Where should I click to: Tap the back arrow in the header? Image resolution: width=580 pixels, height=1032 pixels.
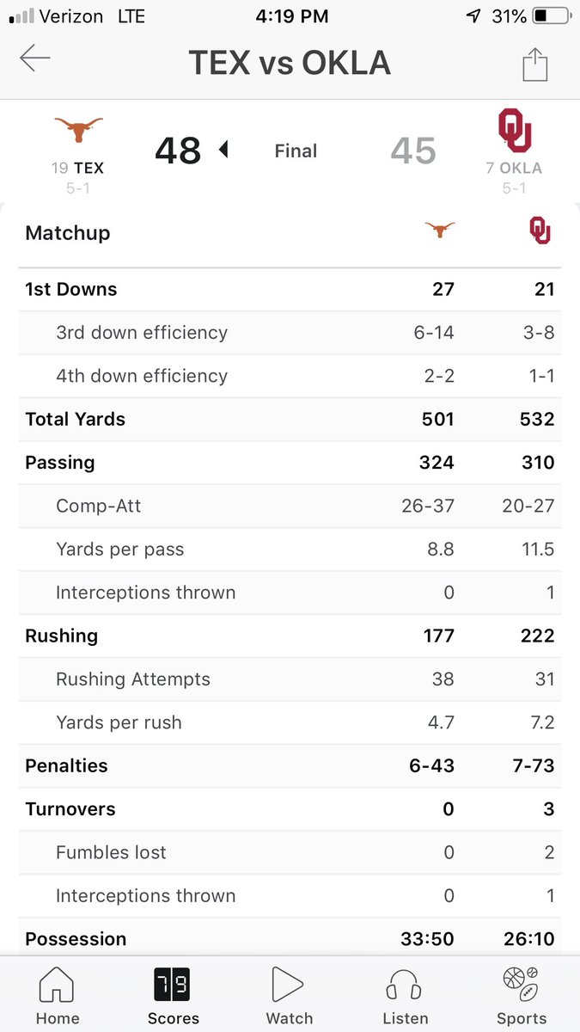click(x=35, y=59)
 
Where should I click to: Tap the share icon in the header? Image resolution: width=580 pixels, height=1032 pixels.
click(x=534, y=64)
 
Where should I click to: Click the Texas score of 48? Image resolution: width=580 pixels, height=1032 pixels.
click(x=178, y=150)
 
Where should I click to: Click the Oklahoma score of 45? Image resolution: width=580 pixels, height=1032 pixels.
click(x=413, y=150)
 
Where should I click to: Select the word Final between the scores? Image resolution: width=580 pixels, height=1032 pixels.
click(x=296, y=151)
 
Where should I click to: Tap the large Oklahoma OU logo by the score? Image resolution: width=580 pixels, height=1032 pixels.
click(x=515, y=130)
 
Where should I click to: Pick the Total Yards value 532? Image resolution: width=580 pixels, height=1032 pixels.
click(x=538, y=420)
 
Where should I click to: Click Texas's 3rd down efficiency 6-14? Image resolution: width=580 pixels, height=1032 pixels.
click(x=434, y=333)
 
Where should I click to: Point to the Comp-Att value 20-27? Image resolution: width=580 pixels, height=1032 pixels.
click(x=528, y=506)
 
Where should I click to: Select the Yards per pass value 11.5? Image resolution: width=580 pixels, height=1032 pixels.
click(x=538, y=550)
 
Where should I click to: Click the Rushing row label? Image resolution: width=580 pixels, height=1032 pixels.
click(x=62, y=636)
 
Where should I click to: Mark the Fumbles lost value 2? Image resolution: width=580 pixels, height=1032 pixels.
click(x=549, y=852)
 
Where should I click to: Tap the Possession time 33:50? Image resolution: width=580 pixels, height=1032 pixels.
click(x=428, y=938)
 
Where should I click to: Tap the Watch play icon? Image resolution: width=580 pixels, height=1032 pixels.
click(x=289, y=986)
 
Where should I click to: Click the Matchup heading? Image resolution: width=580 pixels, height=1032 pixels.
click(x=68, y=233)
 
